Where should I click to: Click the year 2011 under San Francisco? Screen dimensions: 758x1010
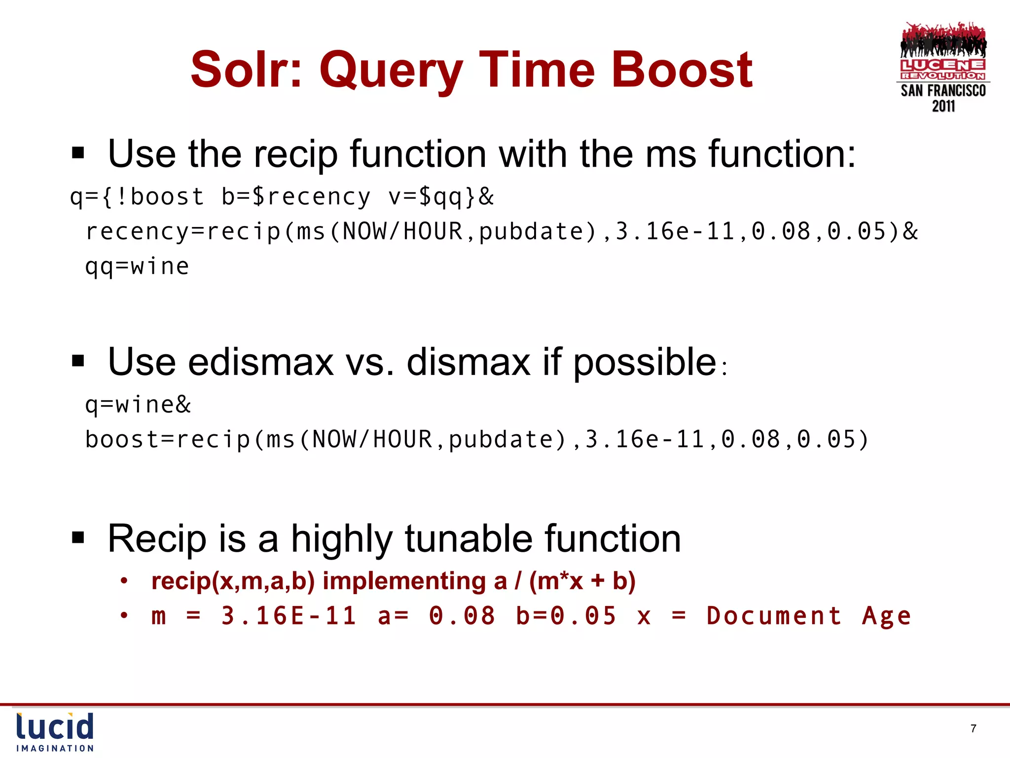943,106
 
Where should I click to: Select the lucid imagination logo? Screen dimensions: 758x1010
55,732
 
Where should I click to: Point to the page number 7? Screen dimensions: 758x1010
973,728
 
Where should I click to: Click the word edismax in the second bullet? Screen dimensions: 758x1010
261,362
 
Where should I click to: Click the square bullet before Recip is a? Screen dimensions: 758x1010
78,537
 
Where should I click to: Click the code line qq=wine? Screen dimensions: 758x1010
137,267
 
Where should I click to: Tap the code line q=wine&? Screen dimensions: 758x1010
138,405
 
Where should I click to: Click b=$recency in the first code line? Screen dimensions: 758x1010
295,197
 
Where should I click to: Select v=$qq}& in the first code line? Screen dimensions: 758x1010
440,197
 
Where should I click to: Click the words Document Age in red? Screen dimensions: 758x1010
808,616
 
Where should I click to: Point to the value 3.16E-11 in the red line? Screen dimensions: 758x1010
289,616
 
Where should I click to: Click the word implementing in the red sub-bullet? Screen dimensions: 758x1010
404,581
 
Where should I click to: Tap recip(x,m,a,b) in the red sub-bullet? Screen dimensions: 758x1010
233,581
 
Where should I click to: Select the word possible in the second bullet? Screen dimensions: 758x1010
645,363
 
